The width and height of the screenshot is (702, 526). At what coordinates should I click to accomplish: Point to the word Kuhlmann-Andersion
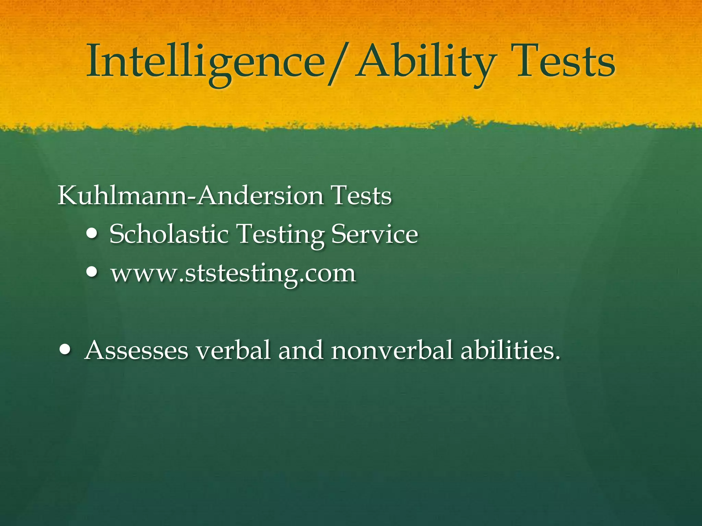pyautogui.click(x=191, y=196)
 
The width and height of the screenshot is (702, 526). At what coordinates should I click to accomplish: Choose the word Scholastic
pyautogui.click(x=169, y=234)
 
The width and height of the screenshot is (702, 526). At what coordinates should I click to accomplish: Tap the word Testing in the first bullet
pyautogui.click(x=281, y=235)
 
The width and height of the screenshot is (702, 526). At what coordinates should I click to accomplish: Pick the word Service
pyautogui.click(x=375, y=234)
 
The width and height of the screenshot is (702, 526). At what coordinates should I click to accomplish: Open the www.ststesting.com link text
pyautogui.click(x=233, y=274)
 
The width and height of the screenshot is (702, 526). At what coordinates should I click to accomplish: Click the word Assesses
pyautogui.click(x=136, y=351)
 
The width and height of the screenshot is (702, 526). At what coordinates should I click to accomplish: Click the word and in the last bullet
pyautogui.click(x=301, y=351)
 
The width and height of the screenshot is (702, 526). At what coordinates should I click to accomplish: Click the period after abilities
pyautogui.click(x=557, y=358)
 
